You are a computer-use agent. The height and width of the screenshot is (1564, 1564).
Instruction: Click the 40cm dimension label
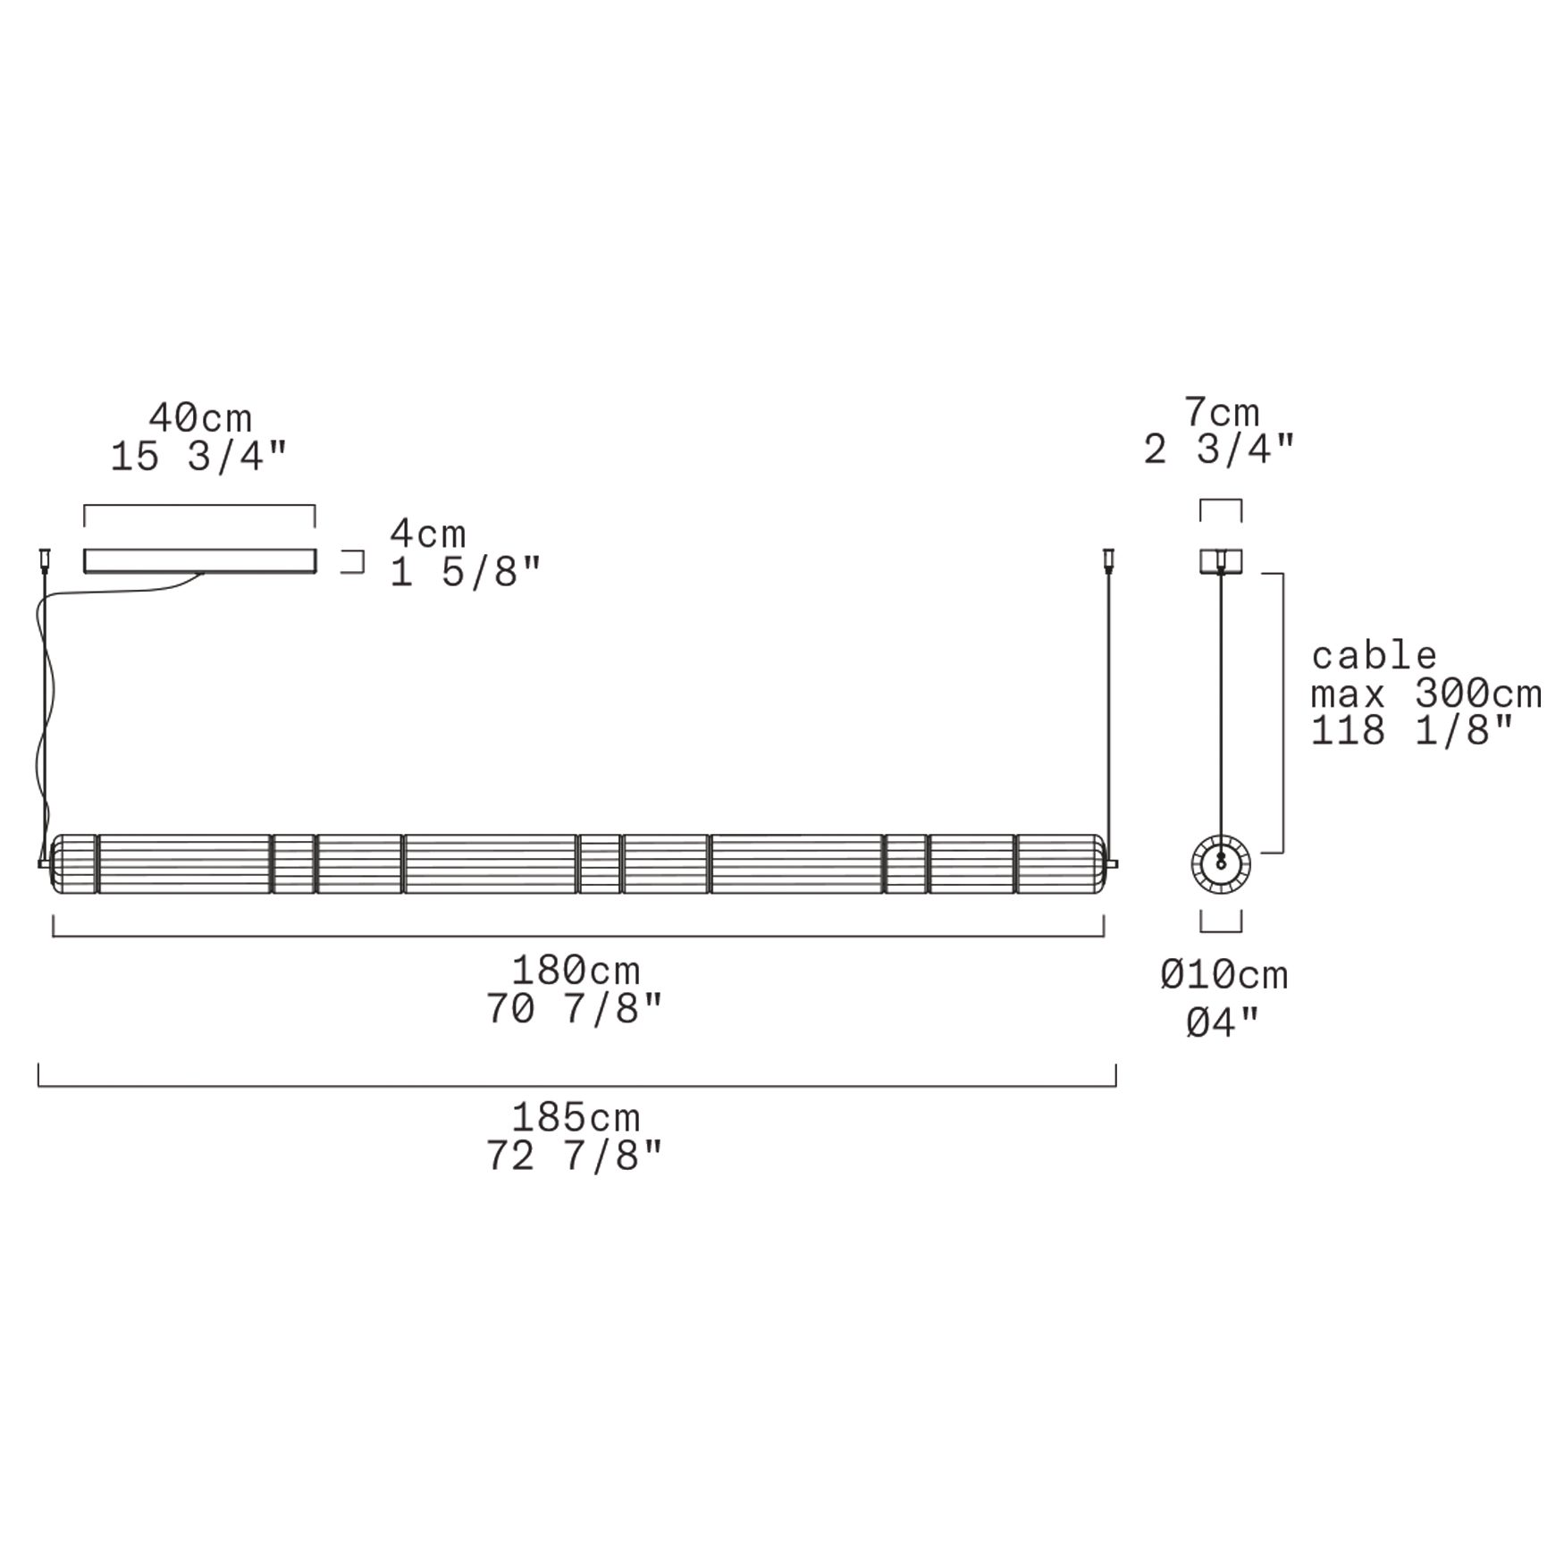200,417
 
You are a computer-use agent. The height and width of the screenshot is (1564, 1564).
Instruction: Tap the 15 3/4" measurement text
199,457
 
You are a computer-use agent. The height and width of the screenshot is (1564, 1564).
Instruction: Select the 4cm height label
428,534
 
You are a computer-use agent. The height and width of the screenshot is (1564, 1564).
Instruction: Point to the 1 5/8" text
466,572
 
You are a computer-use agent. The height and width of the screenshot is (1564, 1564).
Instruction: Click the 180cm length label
576,970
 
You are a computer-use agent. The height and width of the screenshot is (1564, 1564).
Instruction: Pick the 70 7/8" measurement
575,1009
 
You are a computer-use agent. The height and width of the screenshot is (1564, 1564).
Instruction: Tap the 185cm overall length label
576,1117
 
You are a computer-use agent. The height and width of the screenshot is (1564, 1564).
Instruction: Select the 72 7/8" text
575,1156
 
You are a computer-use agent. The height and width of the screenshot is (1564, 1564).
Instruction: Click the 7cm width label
1222,412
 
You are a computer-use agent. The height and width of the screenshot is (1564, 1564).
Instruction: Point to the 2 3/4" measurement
1219,450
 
